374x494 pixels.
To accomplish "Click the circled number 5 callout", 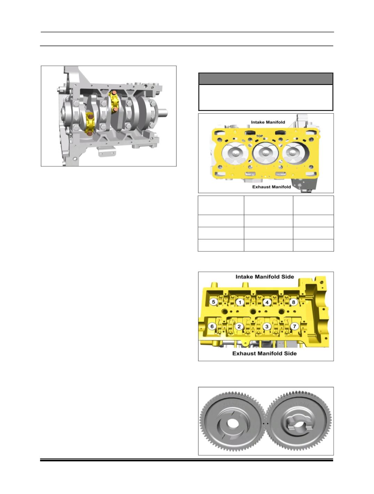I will click(x=214, y=302).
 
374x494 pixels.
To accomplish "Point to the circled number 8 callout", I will click(x=293, y=302).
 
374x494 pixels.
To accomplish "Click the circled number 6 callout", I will click(x=212, y=327).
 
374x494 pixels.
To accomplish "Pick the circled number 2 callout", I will click(x=239, y=327).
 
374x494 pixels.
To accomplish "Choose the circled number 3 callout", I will click(x=266, y=327).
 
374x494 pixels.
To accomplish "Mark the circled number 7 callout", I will click(x=294, y=327).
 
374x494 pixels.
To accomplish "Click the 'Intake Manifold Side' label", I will click(x=265, y=277).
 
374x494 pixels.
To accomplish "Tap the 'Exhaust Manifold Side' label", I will click(x=264, y=353).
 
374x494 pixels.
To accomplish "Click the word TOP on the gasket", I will click(x=259, y=136).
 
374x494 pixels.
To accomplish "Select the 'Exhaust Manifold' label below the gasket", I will click(x=271, y=187).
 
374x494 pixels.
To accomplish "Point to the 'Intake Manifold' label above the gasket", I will click(x=268, y=122).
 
